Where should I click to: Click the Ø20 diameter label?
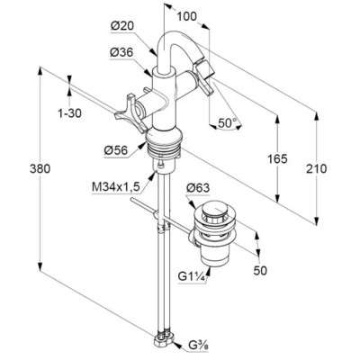pos(122,26)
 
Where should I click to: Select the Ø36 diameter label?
pos(121,53)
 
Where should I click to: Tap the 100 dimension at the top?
pos(186,16)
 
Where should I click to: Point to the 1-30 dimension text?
pos(69,113)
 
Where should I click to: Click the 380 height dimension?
pos(40,169)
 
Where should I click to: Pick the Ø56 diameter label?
pos(116,150)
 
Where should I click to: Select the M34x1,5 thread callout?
pos(116,187)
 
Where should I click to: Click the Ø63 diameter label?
pos(198,188)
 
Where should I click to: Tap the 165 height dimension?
pos(277,158)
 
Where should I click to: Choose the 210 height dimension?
pos(317,168)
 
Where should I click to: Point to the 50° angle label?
pos(227,123)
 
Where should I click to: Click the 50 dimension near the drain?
pos(260,271)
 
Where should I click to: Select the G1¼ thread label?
pos(192,276)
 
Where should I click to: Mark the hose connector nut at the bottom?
pos(164,338)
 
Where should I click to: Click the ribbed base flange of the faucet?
pos(164,141)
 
